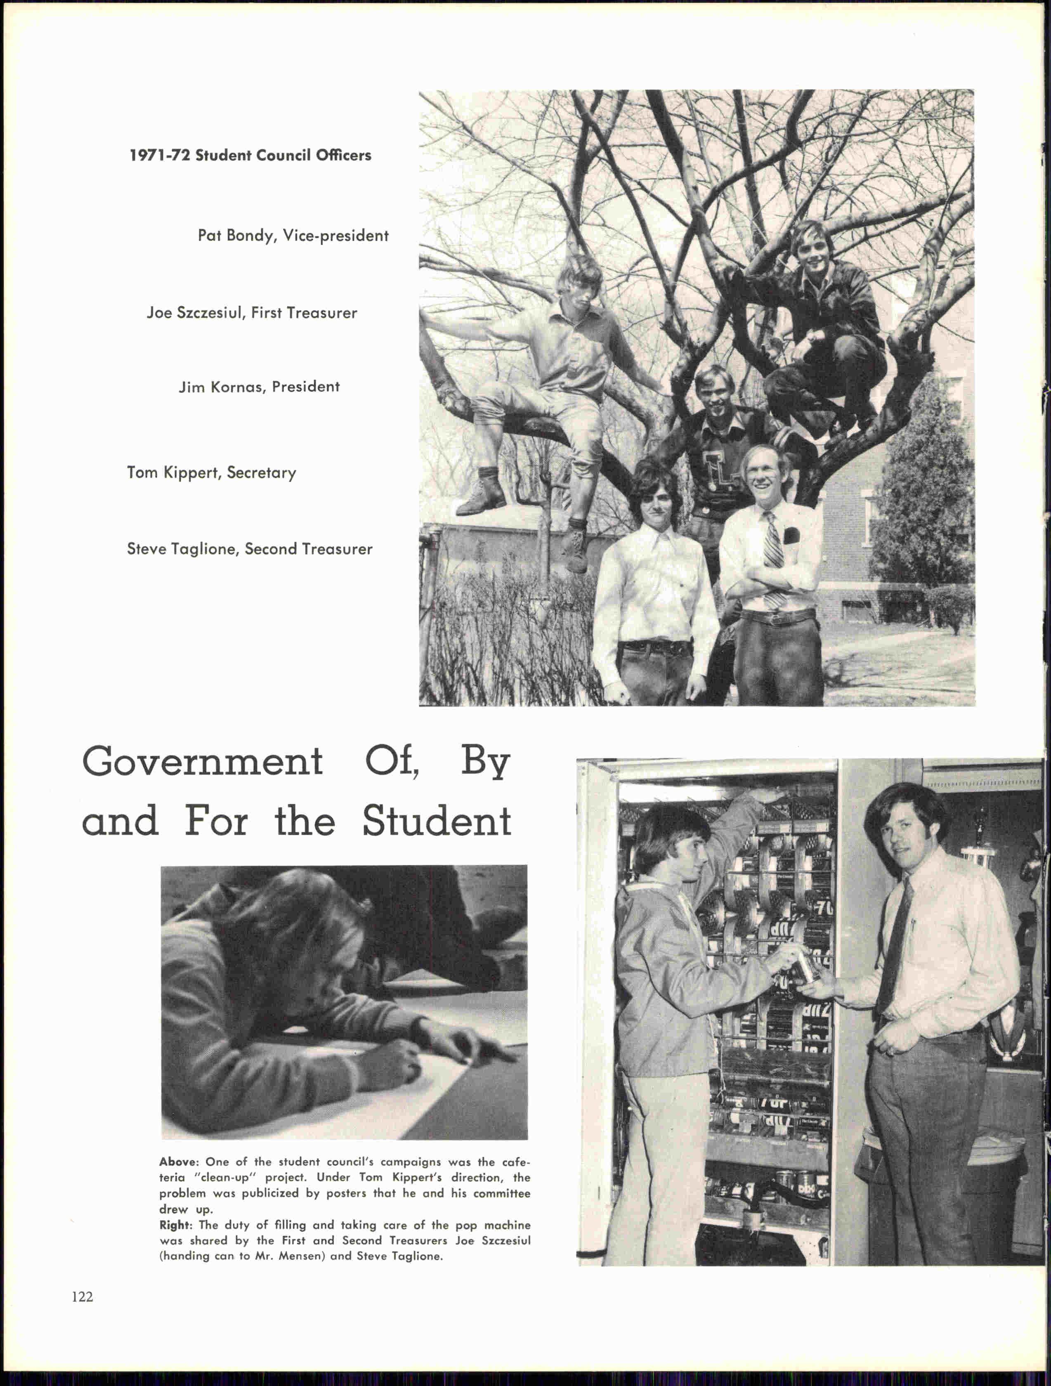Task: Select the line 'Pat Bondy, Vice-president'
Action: coord(293,236)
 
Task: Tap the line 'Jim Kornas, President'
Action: coord(259,387)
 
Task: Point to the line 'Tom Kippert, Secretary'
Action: coord(211,472)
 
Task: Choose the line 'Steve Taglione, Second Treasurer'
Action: coord(249,549)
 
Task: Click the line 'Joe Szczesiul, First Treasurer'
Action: coord(251,313)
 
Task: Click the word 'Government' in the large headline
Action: coord(203,763)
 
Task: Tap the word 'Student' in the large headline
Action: coord(437,822)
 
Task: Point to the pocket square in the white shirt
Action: coord(791,536)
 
